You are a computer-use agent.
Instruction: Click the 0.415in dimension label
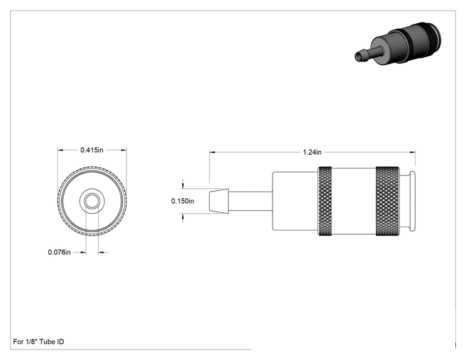coord(92,150)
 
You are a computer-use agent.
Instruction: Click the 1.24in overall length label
coord(312,152)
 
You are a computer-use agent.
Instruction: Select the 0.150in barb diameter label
coord(182,201)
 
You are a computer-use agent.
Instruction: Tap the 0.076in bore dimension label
coord(60,252)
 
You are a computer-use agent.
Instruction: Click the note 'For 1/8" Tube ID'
coord(38,342)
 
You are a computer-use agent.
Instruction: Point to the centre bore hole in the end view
coord(92,202)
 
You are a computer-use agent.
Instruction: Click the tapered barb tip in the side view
coord(219,201)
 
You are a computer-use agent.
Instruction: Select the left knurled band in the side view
coord(325,201)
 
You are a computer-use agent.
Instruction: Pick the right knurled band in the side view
coord(388,201)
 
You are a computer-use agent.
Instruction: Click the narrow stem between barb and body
coord(251,201)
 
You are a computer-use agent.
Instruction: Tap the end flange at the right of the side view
coord(413,201)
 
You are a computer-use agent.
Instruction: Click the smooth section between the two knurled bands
coord(354,201)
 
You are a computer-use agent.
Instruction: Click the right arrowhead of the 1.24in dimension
coord(413,152)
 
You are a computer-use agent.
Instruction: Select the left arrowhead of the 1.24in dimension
coord(212,152)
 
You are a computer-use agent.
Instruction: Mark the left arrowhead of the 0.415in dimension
coord(61,150)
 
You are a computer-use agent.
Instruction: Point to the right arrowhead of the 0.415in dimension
coord(123,150)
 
